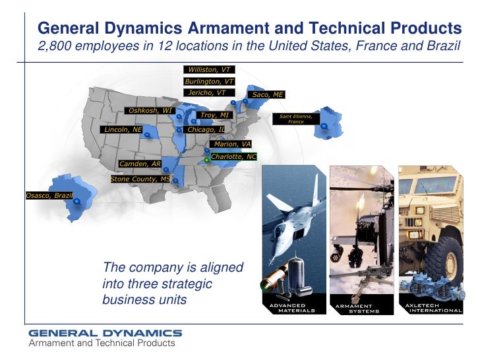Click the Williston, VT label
pyautogui.click(x=209, y=69)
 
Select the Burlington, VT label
pyautogui.click(x=209, y=81)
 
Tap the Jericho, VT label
pyautogui.click(x=206, y=93)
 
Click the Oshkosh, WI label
pyautogui.click(x=150, y=110)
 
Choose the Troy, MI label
pyautogui.click(x=214, y=115)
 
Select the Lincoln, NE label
pyautogui.click(x=123, y=130)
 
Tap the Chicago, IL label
pyautogui.click(x=206, y=130)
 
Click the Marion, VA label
pyautogui.click(x=232, y=144)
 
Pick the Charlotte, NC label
pyautogui.click(x=233, y=157)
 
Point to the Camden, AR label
pyautogui.click(x=140, y=164)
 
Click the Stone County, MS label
pyautogui.click(x=140, y=179)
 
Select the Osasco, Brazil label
pyautogui.click(x=49, y=196)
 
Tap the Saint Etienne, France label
pyautogui.click(x=296, y=119)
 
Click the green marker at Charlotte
pyautogui.click(x=206, y=160)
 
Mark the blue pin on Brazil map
pyautogui.click(x=77, y=201)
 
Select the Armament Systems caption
pyautogui.click(x=357, y=309)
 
